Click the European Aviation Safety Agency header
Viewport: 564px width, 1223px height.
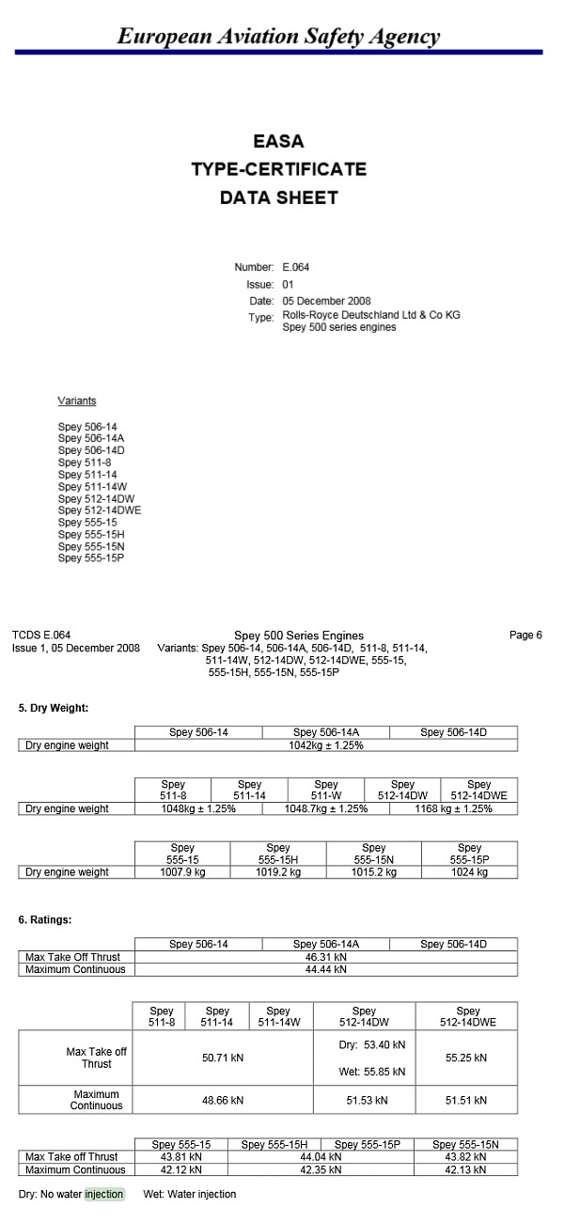coord(278,37)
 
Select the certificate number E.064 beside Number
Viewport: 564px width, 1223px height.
coord(296,267)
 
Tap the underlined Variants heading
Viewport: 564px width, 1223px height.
coord(77,401)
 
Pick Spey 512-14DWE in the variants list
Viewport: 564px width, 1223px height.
coord(100,510)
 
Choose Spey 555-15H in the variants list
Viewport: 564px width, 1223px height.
coord(91,535)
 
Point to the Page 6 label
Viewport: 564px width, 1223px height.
coord(525,635)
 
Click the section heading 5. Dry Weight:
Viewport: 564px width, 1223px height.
coord(54,707)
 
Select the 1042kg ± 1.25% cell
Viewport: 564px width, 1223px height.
coord(326,745)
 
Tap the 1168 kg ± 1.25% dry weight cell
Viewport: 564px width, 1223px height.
coord(454,808)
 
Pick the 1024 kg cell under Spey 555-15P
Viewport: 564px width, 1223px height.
coord(469,872)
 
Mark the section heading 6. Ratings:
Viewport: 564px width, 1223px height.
coord(45,920)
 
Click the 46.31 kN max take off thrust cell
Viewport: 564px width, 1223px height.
coord(326,957)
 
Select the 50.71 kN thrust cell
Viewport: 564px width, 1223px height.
coord(223,1058)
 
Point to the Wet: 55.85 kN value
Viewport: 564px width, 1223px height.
coord(372,1072)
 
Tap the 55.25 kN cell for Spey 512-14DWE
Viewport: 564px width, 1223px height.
coord(466,1058)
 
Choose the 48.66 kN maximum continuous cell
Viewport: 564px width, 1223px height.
coord(223,1100)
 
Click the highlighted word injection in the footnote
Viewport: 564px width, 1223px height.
coord(103,1194)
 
